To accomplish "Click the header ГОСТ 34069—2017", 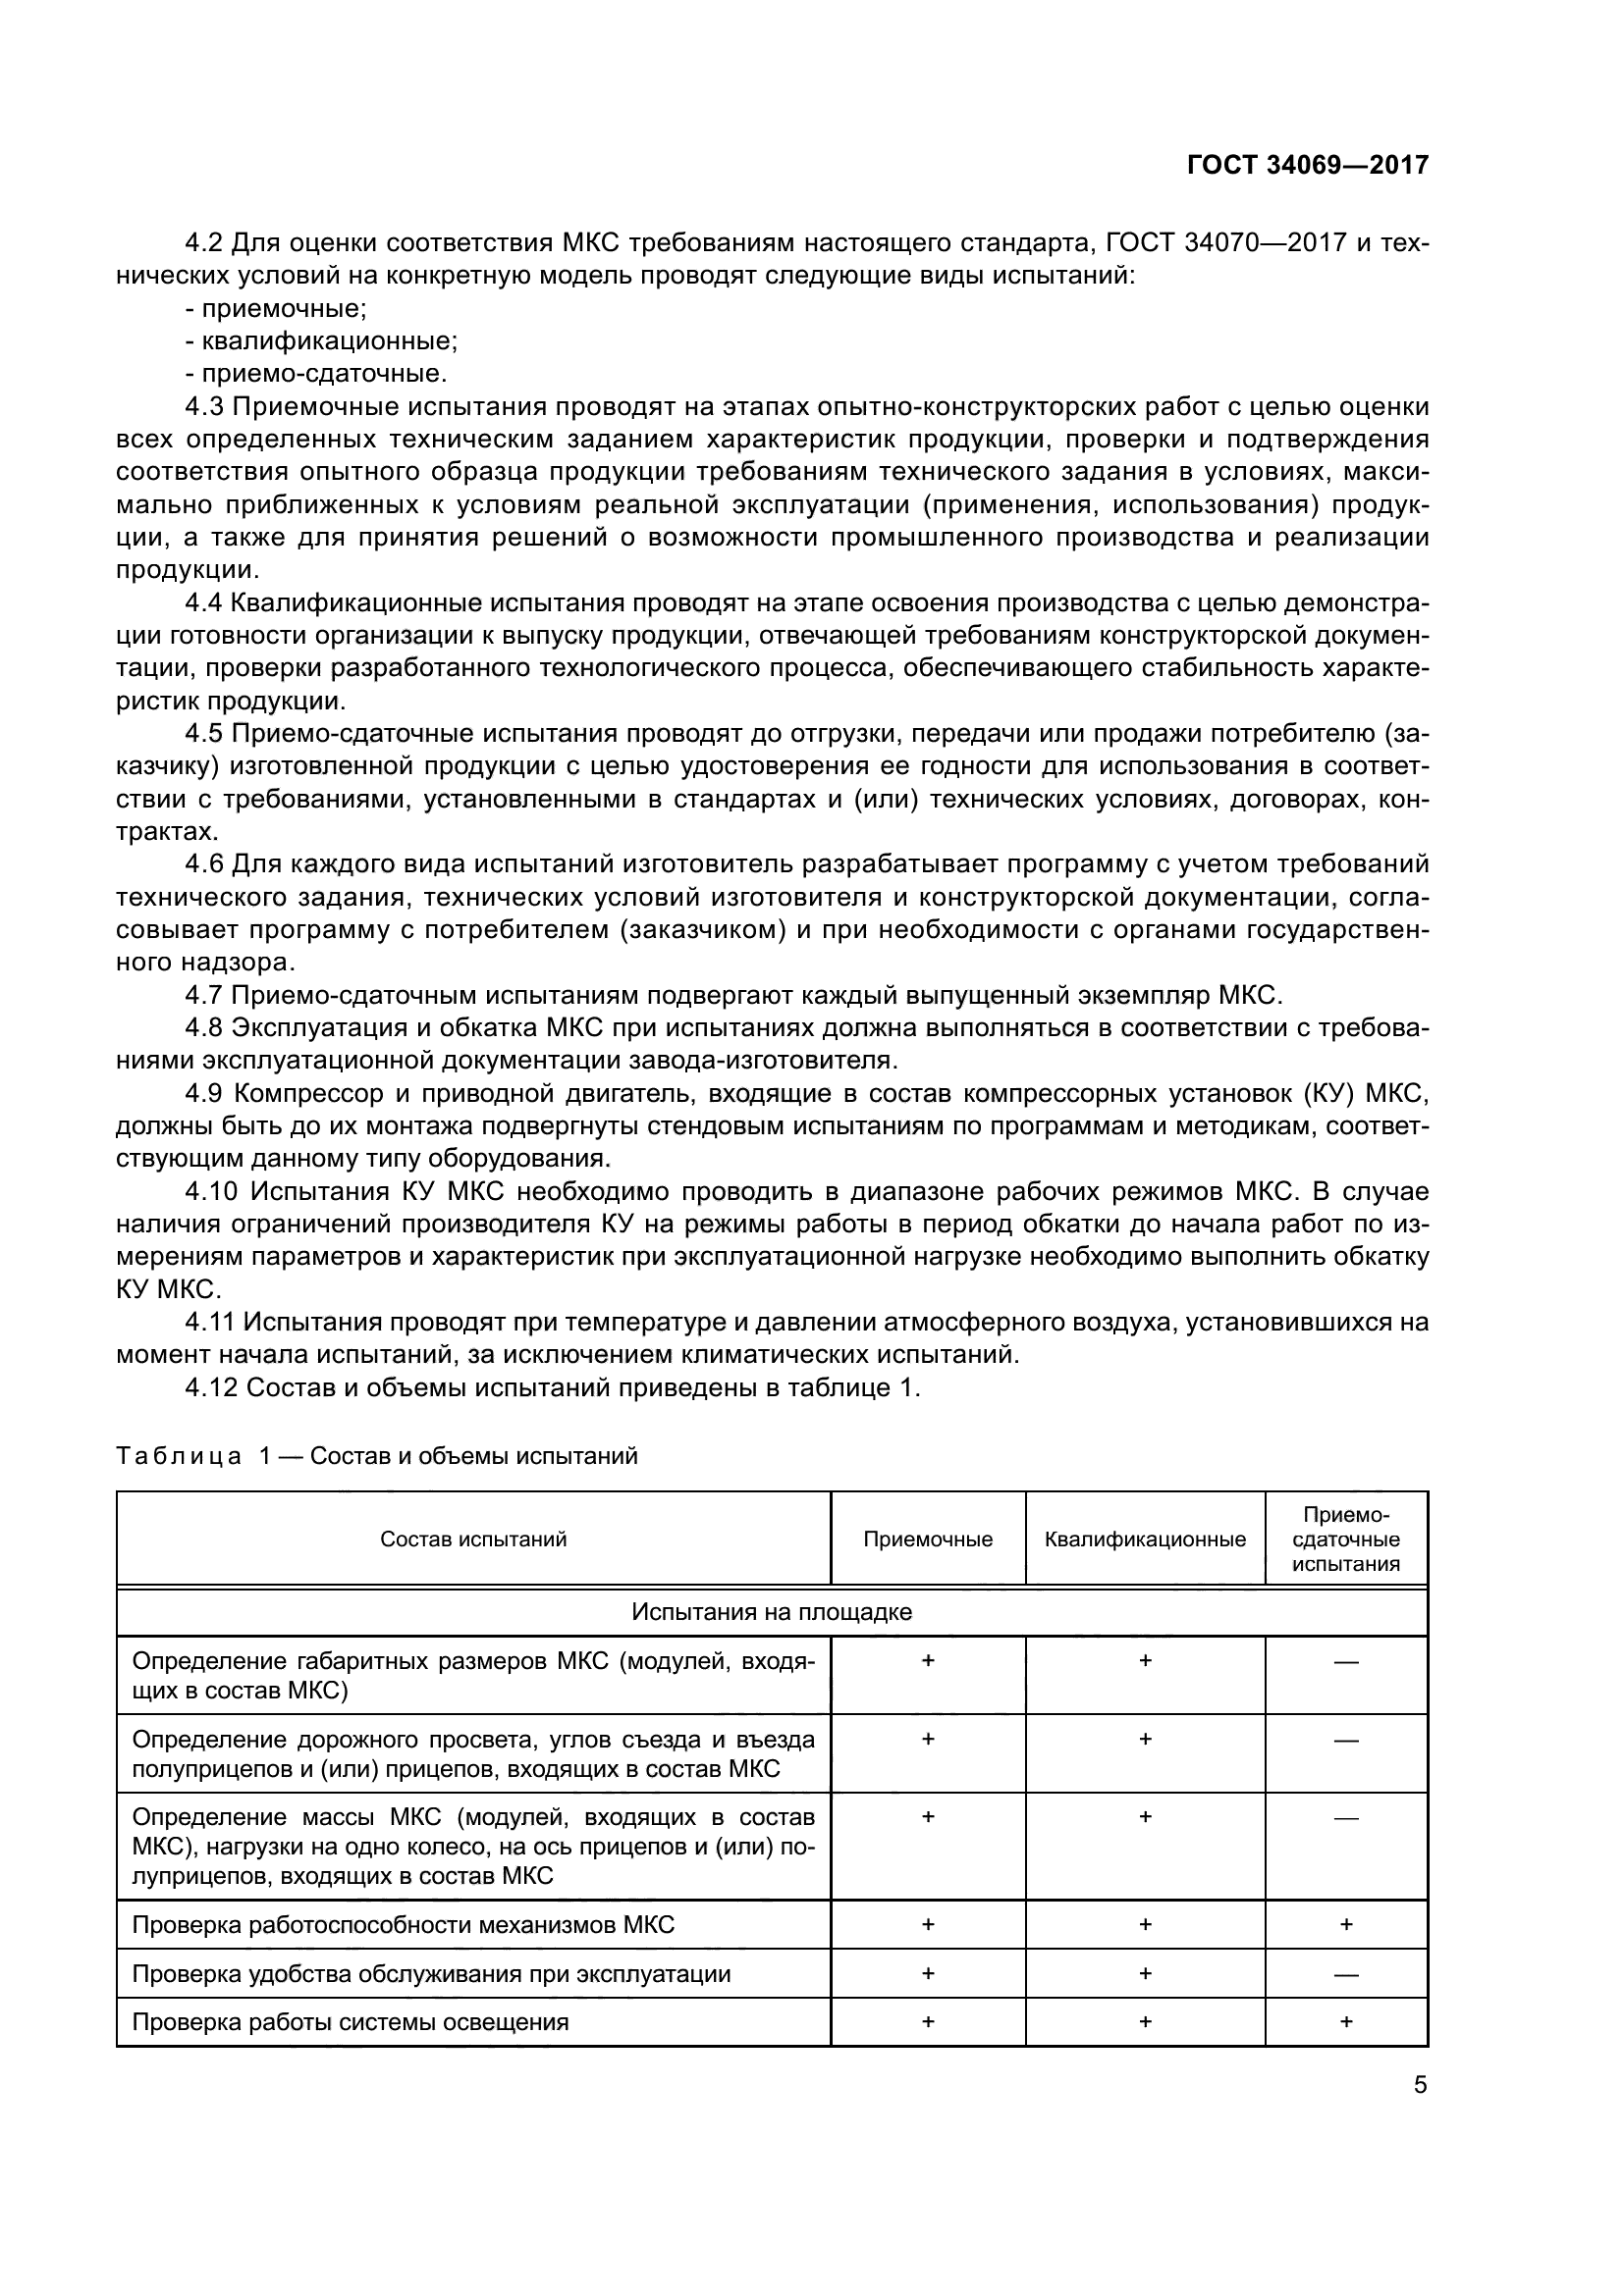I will click(x=1307, y=165).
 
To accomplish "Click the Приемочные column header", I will click(x=927, y=1539).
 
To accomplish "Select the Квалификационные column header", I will click(x=1145, y=1539).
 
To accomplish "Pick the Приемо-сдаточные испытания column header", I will click(x=1345, y=1539).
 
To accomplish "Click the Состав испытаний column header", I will click(x=473, y=1539).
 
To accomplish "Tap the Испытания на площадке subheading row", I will click(x=771, y=1611).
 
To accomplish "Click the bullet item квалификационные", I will click(x=321, y=340).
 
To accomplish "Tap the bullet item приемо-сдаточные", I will click(x=316, y=374).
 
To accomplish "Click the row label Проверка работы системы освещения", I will click(x=350, y=2022).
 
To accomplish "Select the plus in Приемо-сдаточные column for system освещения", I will click(x=1346, y=2021).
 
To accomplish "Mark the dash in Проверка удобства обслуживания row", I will click(x=1346, y=1974).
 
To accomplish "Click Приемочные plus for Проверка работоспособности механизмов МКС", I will click(x=927, y=1924).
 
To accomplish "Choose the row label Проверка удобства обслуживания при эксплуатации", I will click(x=431, y=1973).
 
